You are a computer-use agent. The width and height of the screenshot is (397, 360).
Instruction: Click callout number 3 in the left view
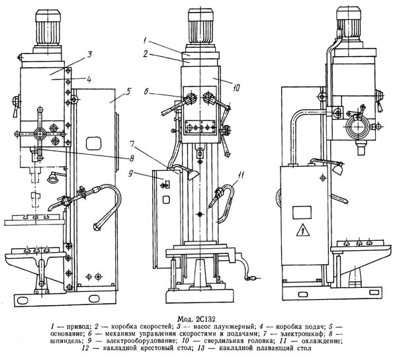click(89, 56)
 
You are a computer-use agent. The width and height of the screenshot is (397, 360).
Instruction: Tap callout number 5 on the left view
click(128, 91)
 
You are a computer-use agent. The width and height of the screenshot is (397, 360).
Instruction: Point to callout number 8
click(132, 158)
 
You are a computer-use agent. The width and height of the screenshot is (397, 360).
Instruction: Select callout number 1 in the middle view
click(144, 40)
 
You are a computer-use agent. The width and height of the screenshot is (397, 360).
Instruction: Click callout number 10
click(236, 88)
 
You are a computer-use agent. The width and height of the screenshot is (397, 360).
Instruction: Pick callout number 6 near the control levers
click(146, 91)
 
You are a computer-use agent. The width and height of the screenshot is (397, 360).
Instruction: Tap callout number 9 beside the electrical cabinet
click(131, 175)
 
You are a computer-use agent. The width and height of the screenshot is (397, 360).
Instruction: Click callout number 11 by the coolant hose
click(242, 175)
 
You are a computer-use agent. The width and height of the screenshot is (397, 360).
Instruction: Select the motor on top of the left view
click(48, 31)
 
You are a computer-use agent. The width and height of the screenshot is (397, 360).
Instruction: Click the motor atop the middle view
click(200, 30)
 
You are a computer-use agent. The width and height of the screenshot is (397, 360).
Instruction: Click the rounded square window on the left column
click(94, 144)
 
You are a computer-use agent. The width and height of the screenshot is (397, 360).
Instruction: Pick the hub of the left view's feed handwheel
click(40, 134)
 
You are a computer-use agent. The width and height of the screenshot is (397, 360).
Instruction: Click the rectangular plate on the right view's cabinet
click(302, 212)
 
